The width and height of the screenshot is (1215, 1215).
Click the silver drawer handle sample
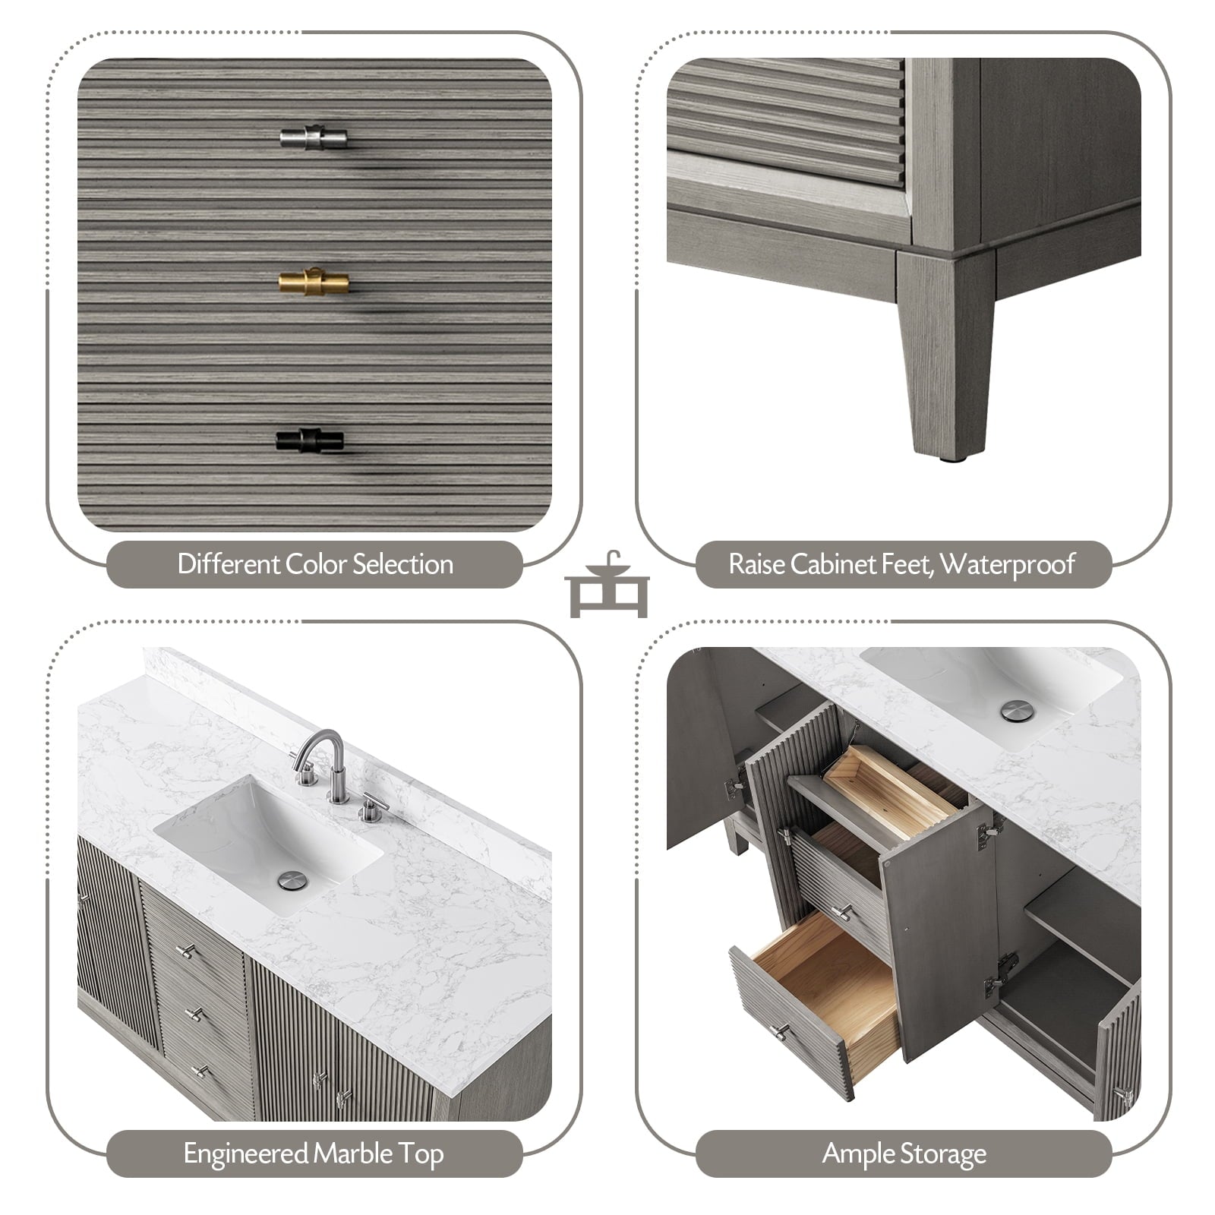[313, 137]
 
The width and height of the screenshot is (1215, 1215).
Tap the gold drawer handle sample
[314, 282]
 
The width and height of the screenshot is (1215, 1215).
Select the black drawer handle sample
[310, 440]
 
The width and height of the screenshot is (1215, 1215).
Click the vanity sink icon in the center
[607, 584]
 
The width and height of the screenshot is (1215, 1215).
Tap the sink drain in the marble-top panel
[292, 880]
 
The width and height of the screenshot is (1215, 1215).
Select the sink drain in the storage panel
[1017, 711]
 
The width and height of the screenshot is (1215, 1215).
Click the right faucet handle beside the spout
[372, 808]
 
